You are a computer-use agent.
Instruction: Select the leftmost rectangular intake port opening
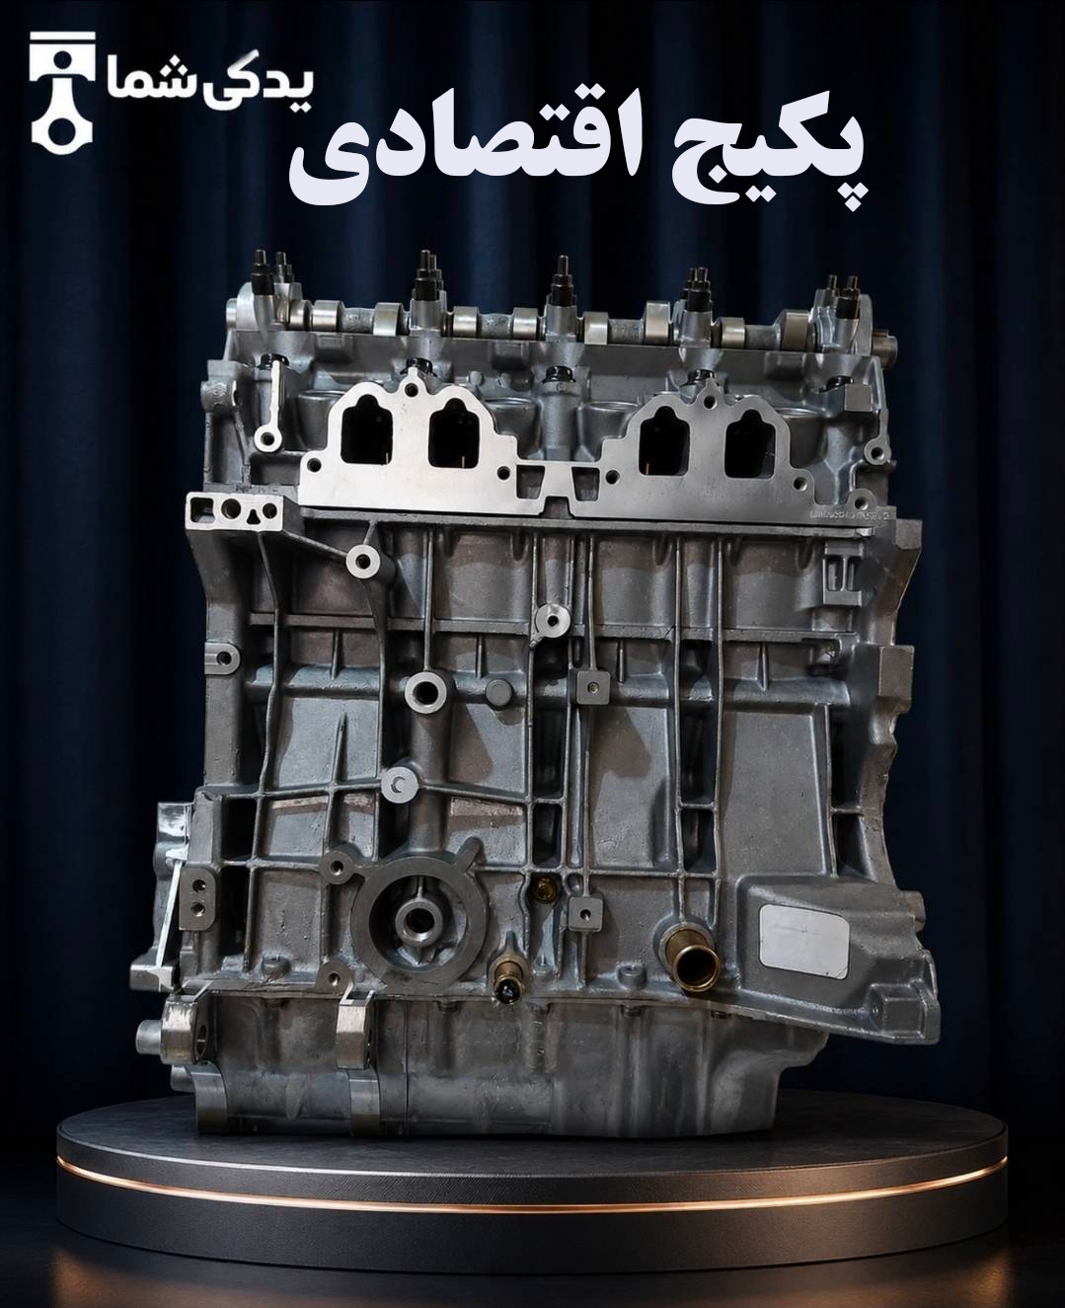pos(366,436)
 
